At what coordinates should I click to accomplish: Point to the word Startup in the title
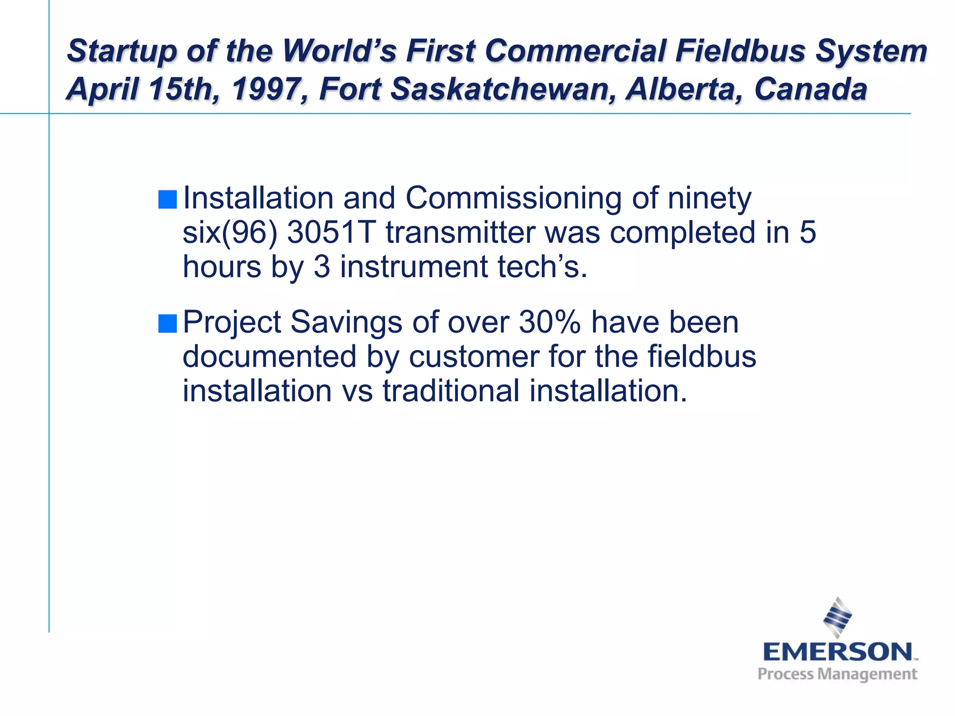122,51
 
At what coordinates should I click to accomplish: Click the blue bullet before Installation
167,200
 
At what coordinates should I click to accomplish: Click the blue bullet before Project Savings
167,324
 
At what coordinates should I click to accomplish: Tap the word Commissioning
513,199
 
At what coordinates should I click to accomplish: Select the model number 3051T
331,232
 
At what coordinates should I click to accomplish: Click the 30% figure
550,322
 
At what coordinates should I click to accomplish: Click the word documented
270,357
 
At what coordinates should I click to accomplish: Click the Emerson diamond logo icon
837,617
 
